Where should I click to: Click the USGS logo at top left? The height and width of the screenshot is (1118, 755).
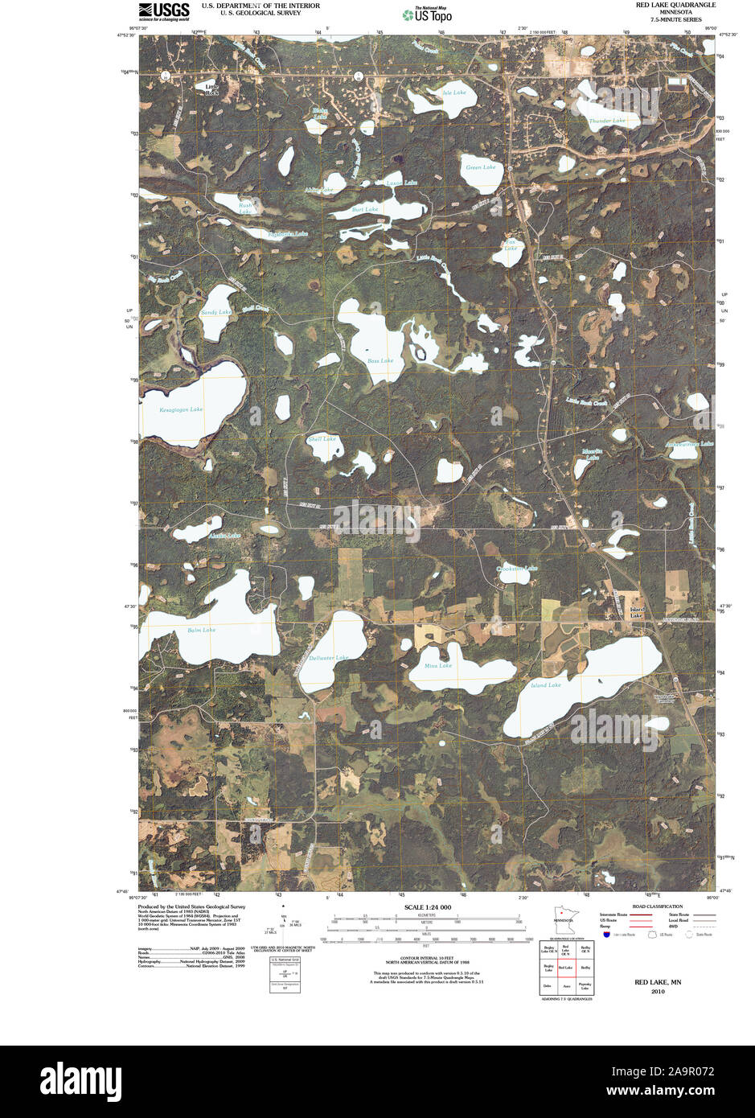(163, 10)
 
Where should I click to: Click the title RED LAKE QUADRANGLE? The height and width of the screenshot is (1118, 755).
(675, 5)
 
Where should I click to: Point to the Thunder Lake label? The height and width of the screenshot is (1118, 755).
(606, 121)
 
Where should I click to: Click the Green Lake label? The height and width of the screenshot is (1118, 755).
(481, 167)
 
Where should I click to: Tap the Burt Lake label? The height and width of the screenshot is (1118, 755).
(365, 209)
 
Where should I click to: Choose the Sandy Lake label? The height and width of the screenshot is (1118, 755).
(215, 312)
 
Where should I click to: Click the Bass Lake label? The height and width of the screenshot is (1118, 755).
(380, 360)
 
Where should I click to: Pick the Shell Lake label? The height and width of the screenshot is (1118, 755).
(322, 439)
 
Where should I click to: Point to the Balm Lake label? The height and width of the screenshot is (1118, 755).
(201, 630)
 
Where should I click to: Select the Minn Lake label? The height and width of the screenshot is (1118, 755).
(438, 665)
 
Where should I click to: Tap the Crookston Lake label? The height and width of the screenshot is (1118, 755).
(516, 568)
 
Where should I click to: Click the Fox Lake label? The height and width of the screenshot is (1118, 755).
(510, 245)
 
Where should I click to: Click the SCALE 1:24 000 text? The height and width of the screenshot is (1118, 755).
(424, 907)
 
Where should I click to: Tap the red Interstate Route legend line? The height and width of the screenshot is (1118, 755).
(640, 915)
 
